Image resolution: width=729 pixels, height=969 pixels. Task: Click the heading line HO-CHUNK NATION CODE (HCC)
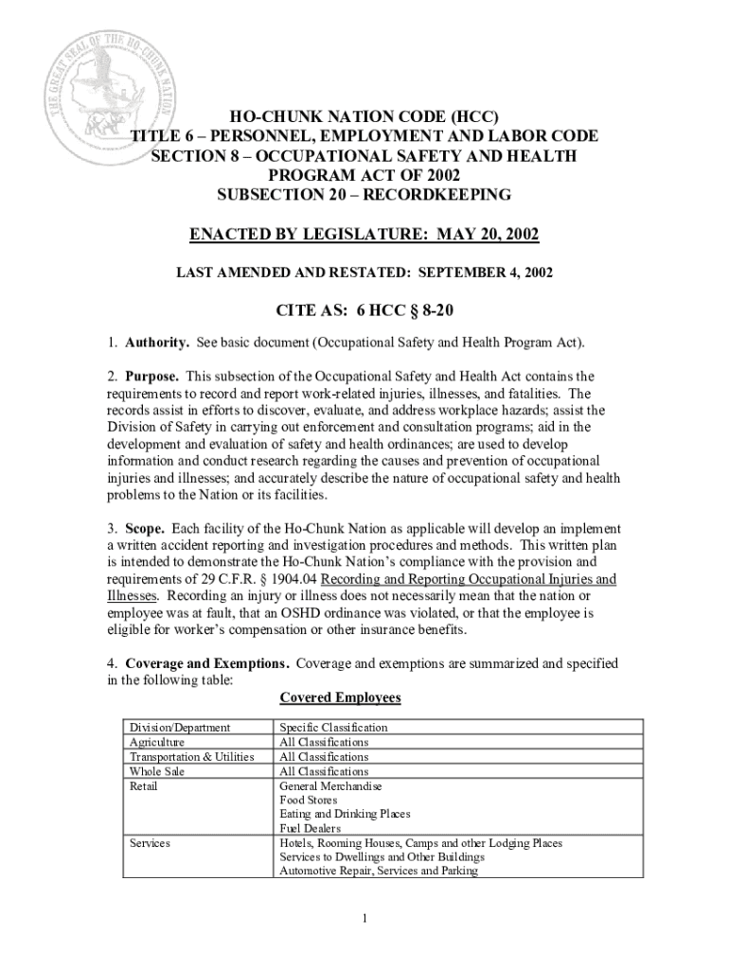click(364, 117)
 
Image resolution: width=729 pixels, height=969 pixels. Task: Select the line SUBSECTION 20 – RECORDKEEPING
click(364, 195)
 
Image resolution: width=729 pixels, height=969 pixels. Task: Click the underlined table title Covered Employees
click(340, 697)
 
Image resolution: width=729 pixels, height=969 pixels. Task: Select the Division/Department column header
click(180, 728)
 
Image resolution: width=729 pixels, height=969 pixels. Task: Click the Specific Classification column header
click(333, 728)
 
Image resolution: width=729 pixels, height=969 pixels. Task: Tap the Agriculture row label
click(157, 742)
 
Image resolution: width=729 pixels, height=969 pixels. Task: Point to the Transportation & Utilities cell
click(191, 757)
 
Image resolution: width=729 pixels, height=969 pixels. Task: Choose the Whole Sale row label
click(157, 772)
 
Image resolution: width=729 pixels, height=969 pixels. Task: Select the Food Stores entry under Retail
click(308, 800)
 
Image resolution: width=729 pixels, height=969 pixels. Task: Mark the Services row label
click(150, 842)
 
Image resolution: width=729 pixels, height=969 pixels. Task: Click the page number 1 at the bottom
click(364, 917)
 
